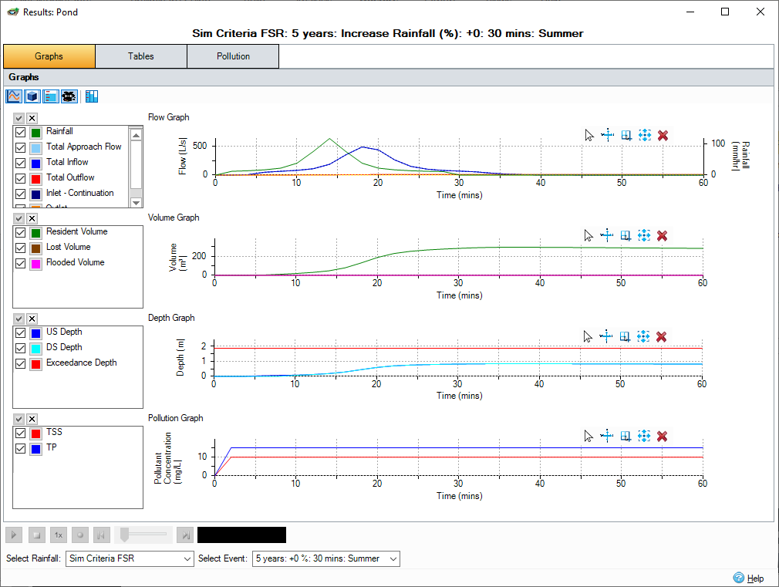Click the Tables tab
pyautogui.click(x=141, y=56)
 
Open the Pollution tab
pyautogui.click(x=233, y=56)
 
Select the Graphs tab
pyautogui.click(x=49, y=56)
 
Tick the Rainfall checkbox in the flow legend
pyautogui.click(x=21, y=132)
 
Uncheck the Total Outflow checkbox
pyautogui.click(x=21, y=178)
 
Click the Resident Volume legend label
pyautogui.click(x=76, y=231)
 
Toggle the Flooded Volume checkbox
pyautogui.click(x=21, y=263)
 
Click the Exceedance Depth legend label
pyautogui.click(x=81, y=363)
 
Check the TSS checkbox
pyautogui.click(x=21, y=433)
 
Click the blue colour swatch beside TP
pyautogui.click(x=35, y=448)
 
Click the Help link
pyautogui.click(x=755, y=578)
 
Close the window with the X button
pyautogui.click(x=760, y=12)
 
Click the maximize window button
pyautogui.click(x=725, y=12)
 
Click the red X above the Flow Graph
pyautogui.click(x=663, y=136)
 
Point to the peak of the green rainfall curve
pyautogui.click(x=329, y=139)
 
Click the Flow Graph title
pyautogui.click(x=168, y=117)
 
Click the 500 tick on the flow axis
pyautogui.click(x=200, y=145)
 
